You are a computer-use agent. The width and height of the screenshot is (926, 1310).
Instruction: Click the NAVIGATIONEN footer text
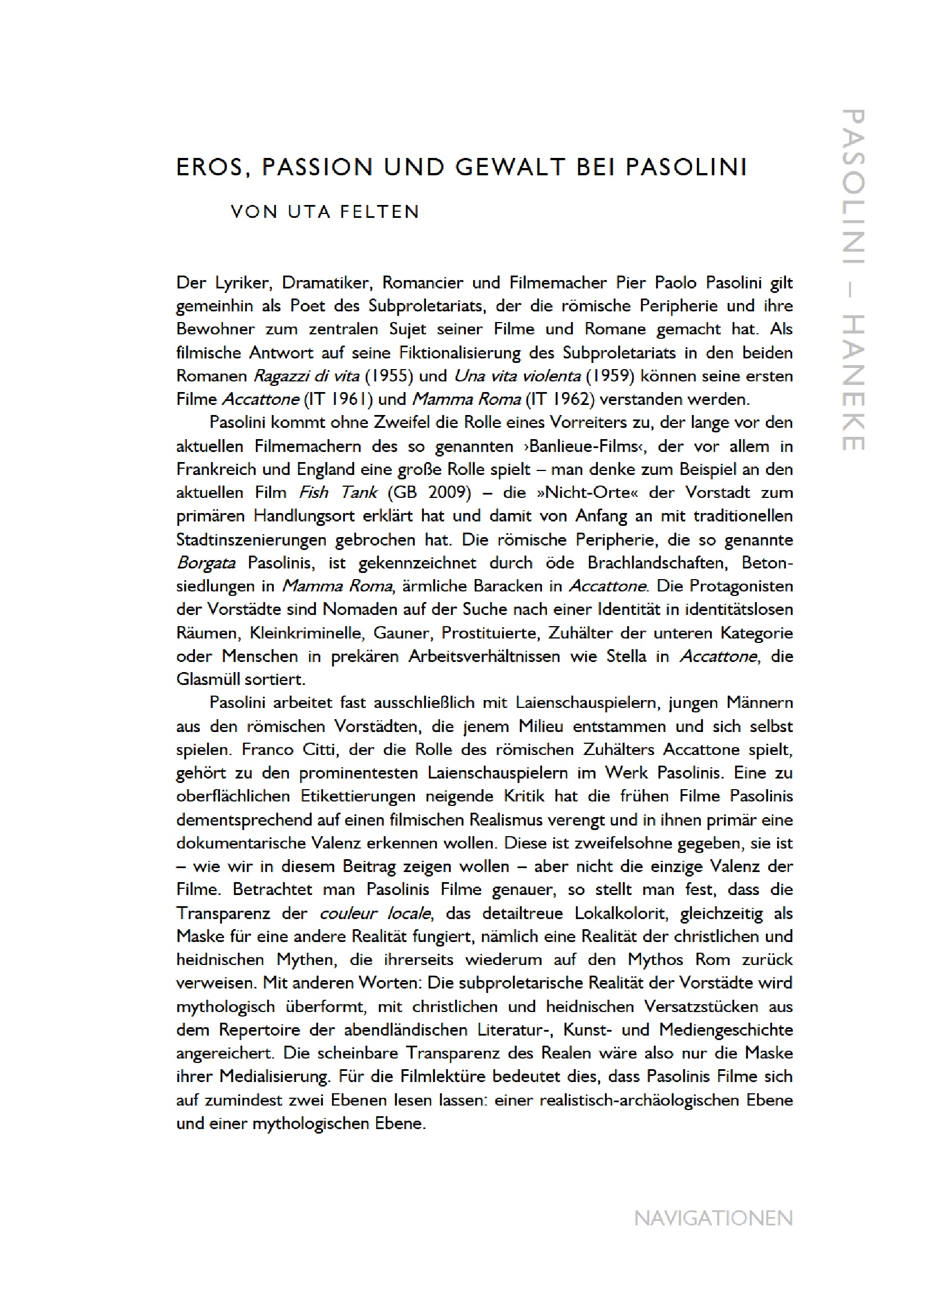coord(713,1218)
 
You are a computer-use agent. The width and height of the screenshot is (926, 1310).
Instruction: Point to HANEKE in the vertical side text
coord(854,383)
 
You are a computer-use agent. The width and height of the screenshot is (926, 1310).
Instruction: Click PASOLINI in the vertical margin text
coord(854,186)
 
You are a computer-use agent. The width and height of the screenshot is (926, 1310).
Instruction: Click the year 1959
coord(611,376)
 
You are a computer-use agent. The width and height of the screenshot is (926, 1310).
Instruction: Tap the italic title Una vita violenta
coord(517,376)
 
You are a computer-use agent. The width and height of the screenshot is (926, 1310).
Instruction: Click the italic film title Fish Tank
coord(338,492)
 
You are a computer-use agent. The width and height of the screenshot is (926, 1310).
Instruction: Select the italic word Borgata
coord(206,563)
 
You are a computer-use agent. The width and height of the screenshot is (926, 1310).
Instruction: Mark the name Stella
coord(626,656)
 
